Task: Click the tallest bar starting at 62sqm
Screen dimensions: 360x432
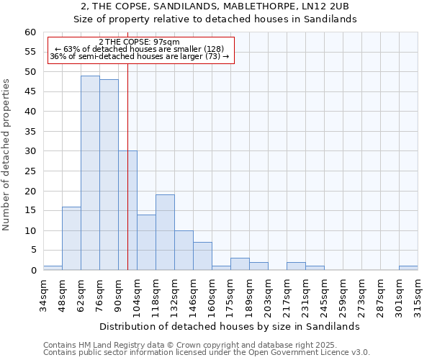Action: [90, 173]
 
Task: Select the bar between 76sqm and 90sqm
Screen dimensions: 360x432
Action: [109, 175]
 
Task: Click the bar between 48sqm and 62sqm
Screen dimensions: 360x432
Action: [71, 238]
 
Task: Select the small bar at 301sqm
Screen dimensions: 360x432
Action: [408, 268]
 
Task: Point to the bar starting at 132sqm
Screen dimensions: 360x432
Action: [184, 250]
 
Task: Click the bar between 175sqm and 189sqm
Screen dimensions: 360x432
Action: [240, 264]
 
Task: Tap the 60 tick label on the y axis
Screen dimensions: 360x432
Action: [30, 32]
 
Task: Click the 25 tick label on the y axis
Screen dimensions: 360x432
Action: [30, 171]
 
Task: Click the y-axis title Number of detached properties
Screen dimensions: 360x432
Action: [7, 155]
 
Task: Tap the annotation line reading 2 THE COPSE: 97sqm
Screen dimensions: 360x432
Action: [139, 42]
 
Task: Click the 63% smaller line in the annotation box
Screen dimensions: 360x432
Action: [139, 49]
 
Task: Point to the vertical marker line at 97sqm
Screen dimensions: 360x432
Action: [127, 144]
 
